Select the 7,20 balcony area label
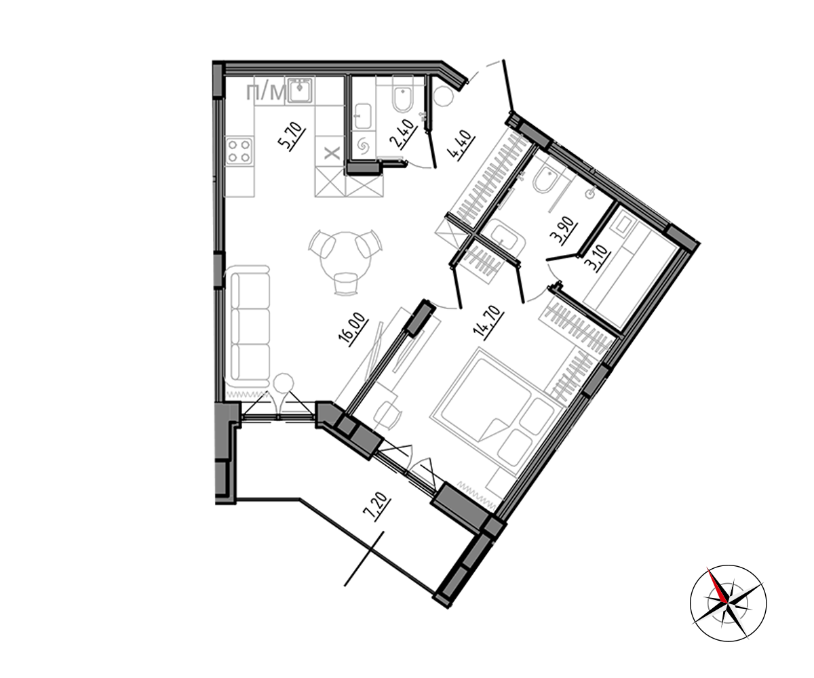pyautogui.click(x=376, y=506)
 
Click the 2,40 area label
pyautogui.click(x=403, y=134)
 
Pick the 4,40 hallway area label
pyautogui.click(x=462, y=145)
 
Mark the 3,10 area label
pyautogui.click(x=597, y=258)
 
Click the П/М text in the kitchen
pyautogui.click(x=266, y=93)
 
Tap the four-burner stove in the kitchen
pyautogui.click(x=239, y=151)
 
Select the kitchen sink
pyautogui.click(x=301, y=90)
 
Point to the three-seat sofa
pyautogui.click(x=249, y=323)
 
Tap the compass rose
pyautogui.click(x=728, y=603)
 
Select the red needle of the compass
pyautogui.click(x=717, y=586)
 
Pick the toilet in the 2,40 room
pyautogui.click(x=403, y=100)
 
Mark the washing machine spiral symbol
pyautogui.click(x=363, y=145)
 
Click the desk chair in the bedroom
pyautogui.click(x=387, y=416)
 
